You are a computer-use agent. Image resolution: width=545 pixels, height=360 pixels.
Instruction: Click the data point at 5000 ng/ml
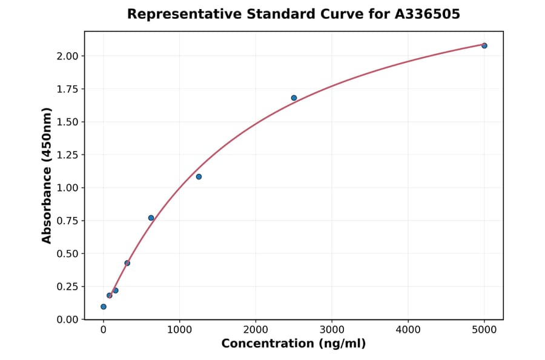point(484,45)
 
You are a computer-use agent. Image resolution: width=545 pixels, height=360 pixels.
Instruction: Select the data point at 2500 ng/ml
point(294,98)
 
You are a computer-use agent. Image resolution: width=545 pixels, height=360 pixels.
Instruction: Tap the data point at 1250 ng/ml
point(199,176)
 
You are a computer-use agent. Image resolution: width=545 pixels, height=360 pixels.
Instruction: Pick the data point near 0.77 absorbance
point(151,218)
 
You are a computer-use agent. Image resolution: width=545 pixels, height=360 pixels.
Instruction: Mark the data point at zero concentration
point(104,307)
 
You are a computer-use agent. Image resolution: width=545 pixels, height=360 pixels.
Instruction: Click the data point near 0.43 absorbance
point(127,263)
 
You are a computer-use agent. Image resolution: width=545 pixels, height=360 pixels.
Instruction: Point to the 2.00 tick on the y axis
point(67,56)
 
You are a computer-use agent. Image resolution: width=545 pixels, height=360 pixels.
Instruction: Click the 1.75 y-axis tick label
point(67,89)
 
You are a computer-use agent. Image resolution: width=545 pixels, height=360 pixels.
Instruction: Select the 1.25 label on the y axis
point(67,155)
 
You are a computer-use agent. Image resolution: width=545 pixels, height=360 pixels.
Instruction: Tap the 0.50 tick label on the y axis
point(67,253)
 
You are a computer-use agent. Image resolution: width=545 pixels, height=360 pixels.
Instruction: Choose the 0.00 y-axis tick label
point(67,319)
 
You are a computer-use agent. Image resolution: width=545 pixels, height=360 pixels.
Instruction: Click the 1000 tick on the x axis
point(179,330)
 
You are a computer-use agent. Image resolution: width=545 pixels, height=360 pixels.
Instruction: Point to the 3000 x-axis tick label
point(332,330)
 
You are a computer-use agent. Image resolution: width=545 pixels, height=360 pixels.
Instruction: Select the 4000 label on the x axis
point(408,330)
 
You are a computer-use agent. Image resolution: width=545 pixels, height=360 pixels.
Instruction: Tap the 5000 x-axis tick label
point(484,330)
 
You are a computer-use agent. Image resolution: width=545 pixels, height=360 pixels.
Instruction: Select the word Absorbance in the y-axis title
point(47,193)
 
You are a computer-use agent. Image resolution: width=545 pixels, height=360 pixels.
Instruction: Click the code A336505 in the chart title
point(428,14)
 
